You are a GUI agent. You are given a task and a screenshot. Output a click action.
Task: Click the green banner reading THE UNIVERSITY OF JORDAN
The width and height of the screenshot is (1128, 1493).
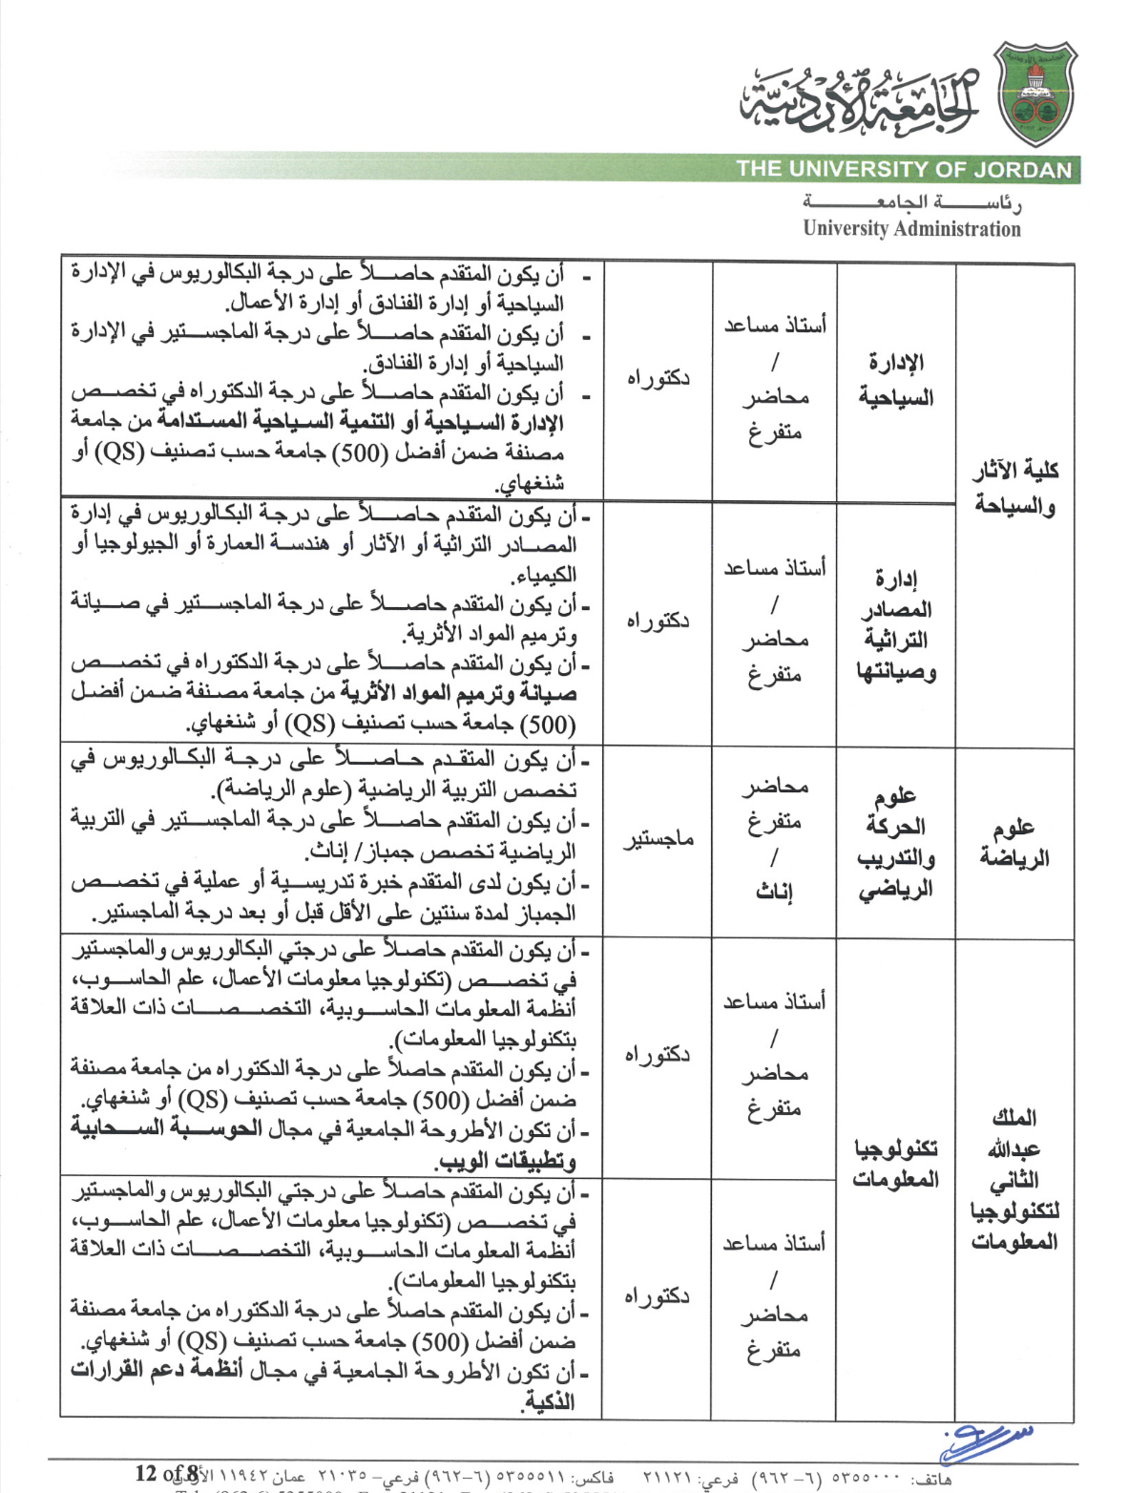904,170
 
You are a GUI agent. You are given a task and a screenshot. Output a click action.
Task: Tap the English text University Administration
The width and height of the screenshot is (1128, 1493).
911,229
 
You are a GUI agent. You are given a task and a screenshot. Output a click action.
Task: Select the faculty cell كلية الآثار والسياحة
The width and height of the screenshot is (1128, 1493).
1014,487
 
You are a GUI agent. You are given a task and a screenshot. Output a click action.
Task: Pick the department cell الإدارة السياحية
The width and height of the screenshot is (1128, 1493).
895,379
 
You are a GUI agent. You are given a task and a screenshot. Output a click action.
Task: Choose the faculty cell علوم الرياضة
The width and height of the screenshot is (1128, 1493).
1014,842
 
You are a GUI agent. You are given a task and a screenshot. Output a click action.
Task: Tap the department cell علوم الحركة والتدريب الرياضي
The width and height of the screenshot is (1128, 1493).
895,842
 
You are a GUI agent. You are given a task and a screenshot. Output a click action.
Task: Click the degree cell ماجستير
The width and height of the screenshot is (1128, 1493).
658,840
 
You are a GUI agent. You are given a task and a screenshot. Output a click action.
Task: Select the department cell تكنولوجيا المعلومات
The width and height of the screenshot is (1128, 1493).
895,1163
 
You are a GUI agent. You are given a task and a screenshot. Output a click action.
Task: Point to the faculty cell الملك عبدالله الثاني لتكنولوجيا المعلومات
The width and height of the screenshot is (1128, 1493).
1014,1179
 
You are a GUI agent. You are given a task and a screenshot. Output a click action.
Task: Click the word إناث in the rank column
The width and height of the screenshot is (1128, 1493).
774,893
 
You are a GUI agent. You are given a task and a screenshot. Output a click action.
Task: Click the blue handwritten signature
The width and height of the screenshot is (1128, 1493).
983,1441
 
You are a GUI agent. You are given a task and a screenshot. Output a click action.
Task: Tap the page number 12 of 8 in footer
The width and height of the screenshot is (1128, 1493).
167,1473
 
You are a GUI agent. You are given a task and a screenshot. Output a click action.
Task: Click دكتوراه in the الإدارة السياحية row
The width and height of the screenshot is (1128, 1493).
658,378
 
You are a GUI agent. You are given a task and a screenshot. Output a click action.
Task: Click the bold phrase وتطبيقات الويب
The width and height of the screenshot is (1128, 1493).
506,1161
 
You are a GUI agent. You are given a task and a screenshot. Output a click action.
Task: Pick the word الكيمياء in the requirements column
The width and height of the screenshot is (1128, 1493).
545,576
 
